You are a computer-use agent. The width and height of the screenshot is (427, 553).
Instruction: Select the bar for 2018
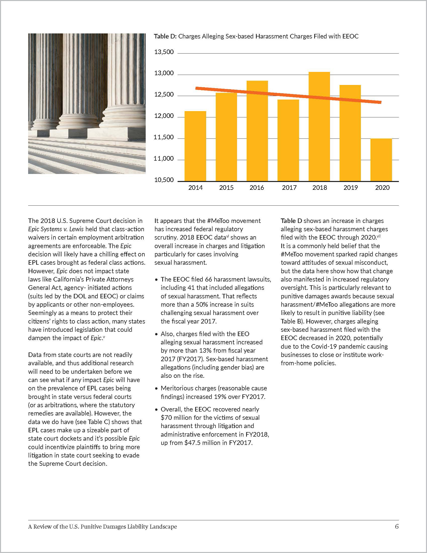pyautogui.click(x=319, y=127)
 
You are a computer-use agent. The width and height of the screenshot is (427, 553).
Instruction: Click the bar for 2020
pyautogui.click(x=381, y=160)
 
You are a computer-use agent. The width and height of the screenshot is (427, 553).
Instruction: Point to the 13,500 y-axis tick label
pyautogui.click(x=164, y=52)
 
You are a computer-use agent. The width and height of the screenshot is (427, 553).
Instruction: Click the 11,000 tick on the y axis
pyautogui.click(x=164, y=159)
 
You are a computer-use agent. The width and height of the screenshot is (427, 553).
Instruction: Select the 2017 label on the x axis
pyautogui.click(x=289, y=188)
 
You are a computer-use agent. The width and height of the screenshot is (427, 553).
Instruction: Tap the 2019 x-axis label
pyautogui.click(x=350, y=188)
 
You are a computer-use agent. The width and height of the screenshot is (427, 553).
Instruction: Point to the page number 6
pyautogui.click(x=397, y=526)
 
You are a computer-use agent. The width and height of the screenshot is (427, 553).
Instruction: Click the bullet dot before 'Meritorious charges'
pyautogui.click(x=156, y=389)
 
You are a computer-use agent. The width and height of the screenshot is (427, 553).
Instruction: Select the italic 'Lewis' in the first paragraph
pyautogui.click(x=76, y=229)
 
